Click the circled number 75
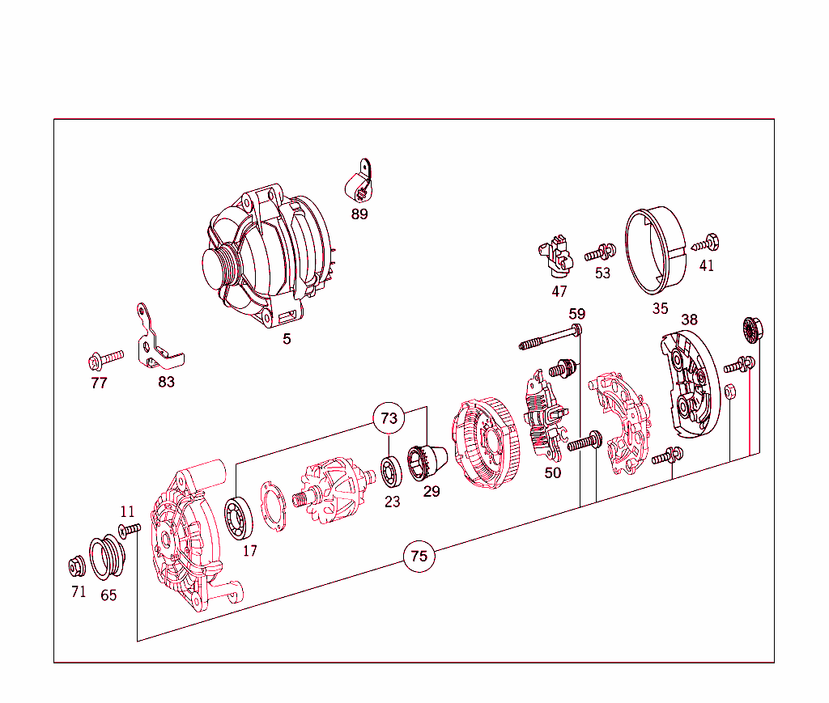click(419, 556)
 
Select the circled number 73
click(389, 418)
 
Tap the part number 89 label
click(359, 214)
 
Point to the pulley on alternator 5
click(219, 267)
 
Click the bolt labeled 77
click(105, 357)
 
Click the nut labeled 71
click(78, 565)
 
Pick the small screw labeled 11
click(130, 530)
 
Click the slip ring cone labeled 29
click(427, 462)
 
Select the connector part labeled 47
click(556, 254)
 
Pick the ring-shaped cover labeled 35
click(658, 251)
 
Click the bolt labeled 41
click(706, 242)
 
